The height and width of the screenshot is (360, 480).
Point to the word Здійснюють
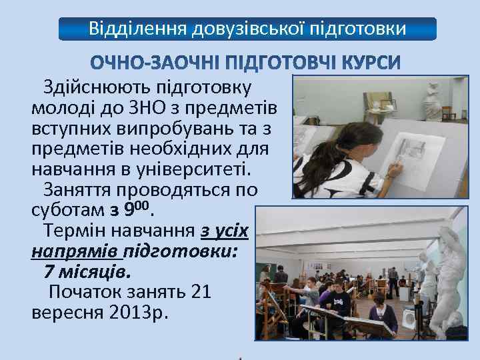[x=97, y=87]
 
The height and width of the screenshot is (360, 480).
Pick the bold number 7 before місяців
[x=49, y=272]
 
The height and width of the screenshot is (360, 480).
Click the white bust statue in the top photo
[x=436, y=97]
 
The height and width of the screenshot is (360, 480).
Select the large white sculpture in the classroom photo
[x=449, y=267]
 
